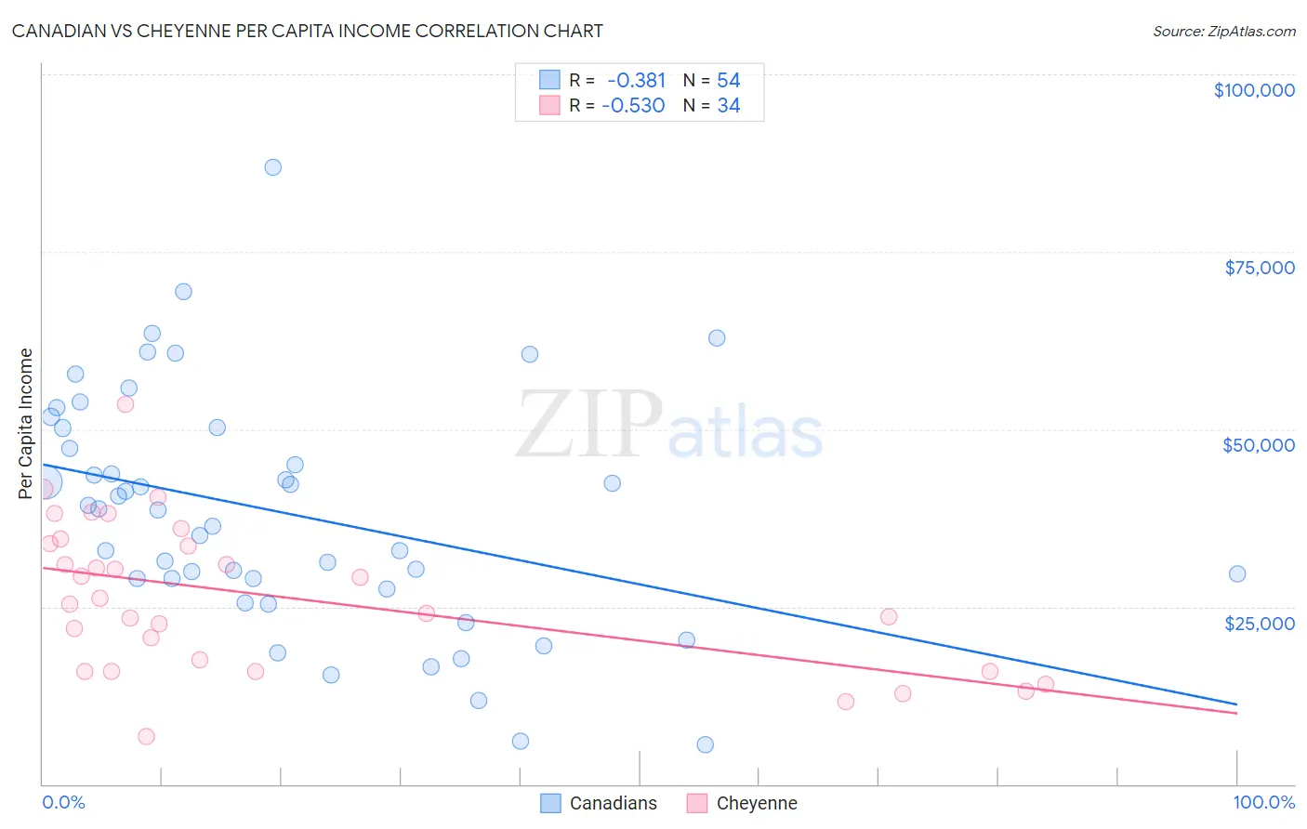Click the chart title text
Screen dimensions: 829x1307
308,32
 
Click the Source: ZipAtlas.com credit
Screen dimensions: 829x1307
1223,32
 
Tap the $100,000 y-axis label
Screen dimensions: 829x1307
1254,90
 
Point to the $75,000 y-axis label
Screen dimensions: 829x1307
1260,268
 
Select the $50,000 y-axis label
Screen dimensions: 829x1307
1259,445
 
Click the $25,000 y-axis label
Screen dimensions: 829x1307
1260,623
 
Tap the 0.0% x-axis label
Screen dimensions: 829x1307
63,802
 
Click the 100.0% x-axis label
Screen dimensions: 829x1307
1263,802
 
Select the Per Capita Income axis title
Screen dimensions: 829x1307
26,423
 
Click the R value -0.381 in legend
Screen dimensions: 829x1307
637,81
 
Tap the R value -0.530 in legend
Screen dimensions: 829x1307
634,106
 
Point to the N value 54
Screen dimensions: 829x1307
729,81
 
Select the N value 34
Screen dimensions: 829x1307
729,106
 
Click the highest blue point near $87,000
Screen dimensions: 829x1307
272,167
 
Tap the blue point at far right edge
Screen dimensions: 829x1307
1237,573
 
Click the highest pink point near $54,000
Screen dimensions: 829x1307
125,403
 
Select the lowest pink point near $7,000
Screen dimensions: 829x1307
146,736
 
